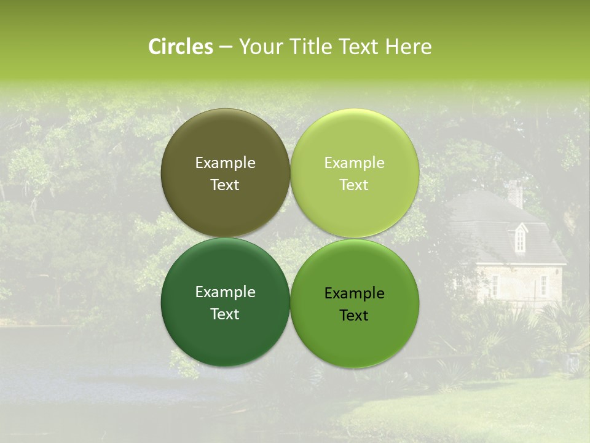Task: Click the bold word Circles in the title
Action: click(180, 47)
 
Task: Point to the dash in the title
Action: click(226, 47)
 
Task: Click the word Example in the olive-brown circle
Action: click(225, 163)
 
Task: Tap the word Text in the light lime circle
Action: click(354, 185)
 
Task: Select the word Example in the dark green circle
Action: click(225, 292)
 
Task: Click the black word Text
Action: click(354, 316)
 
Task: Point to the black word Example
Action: click(354, 293)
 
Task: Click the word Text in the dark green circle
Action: click(225, 314)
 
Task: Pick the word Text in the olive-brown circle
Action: click(225, 185)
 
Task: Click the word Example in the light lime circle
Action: click(354, 163)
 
